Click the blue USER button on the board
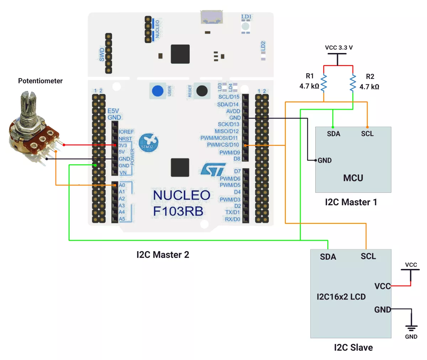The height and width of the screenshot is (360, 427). (x=158, y=91)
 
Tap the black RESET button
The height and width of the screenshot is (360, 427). (x=202, y=91)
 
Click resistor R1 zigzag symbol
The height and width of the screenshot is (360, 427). (x=324, y=83)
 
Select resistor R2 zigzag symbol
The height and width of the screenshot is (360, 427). (x=353, y=83)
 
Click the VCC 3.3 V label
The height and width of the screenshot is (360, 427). (x=339, y=48)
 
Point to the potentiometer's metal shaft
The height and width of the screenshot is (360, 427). (x=26, y=107)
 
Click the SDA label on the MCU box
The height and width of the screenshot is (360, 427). (x=333, y=134)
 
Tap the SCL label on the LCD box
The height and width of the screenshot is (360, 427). (x=368, y=256)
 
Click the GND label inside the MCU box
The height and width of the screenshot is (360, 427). (x=325, y=160)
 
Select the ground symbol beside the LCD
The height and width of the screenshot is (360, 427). (x=411, y=328)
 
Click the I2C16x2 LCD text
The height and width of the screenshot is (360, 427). (x=341, y=297)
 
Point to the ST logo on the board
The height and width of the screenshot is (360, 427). (x=213, y=170)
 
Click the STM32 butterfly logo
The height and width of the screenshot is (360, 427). (x=148, y=143)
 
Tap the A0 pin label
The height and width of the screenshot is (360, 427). (x=122, y=185)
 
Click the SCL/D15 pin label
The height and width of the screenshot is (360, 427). (x=229, y=97)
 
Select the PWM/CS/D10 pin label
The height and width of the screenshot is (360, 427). (x=223, y=145)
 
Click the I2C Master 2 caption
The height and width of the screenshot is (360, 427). (x=163, y=255)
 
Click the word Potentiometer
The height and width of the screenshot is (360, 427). (x=40, y=81)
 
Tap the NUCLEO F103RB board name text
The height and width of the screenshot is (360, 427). (x=181, y=203)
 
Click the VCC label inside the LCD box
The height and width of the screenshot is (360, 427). (x=382, y=286)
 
